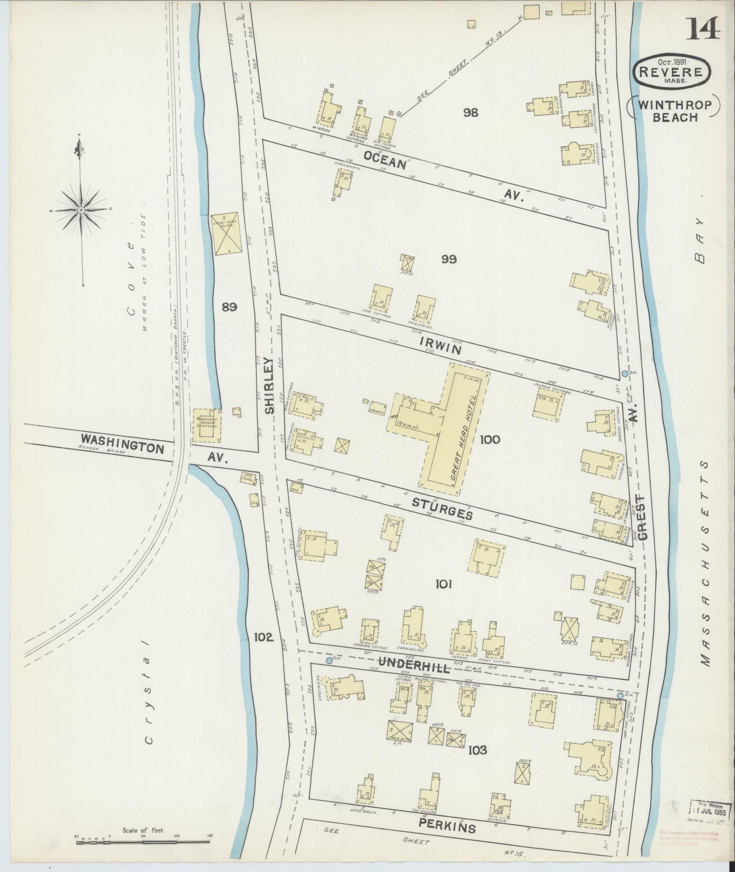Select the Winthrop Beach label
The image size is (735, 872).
point(675,111)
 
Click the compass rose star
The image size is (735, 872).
point(81,210)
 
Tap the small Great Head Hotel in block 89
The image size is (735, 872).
point(226,232)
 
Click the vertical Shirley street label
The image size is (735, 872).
point(270,385)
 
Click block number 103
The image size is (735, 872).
point(477,750)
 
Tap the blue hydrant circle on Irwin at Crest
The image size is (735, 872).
point(624,373)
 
